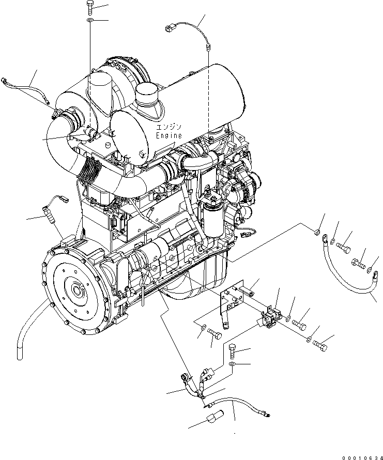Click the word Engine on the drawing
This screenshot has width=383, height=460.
click(169, 135)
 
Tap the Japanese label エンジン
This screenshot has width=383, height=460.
click(169, 127)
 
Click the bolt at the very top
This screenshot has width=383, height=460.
click(89, 7)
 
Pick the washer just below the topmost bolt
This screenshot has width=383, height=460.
click(89, 21)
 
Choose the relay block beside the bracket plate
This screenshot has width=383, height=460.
click(271, 317)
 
